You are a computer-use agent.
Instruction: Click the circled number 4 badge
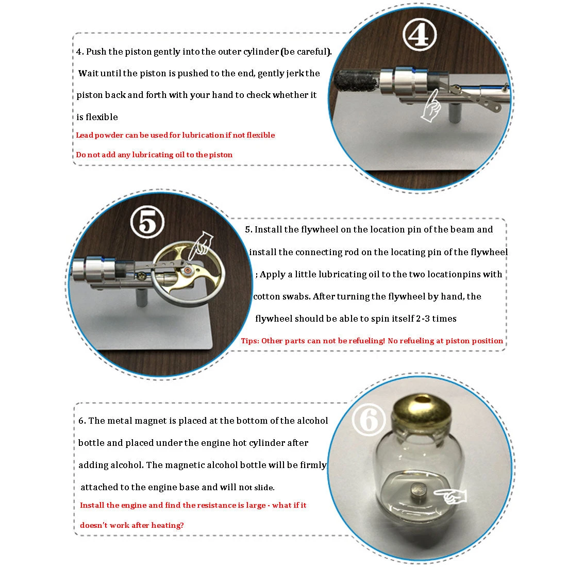420,35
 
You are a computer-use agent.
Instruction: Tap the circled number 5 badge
147,222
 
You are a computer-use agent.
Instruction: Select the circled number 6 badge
369,420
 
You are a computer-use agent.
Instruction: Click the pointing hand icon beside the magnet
450,495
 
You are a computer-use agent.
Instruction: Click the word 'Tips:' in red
250,341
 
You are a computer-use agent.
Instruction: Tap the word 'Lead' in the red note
85,135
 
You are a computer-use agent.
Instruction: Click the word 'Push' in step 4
96,52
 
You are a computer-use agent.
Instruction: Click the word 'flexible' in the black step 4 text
102,117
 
